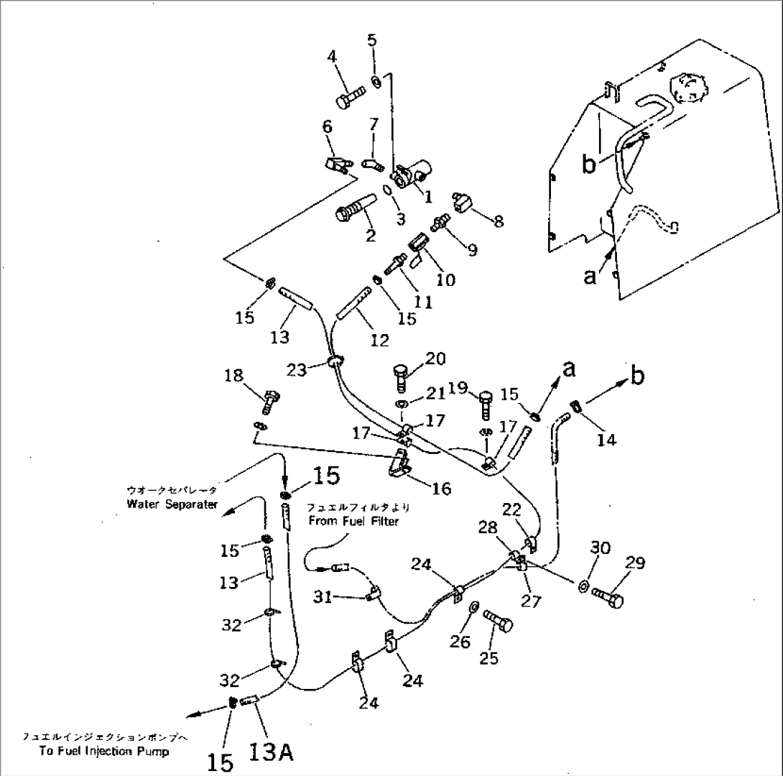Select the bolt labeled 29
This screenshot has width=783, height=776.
[x=608, y=596]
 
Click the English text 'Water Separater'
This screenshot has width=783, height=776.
[x=172, y=504]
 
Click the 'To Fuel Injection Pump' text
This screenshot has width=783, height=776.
[x=105, y=752]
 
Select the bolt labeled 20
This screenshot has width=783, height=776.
[x=402, y=377]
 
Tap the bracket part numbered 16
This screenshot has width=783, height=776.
[x=399, y=465]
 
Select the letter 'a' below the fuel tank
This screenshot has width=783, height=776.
[x=590, y=276]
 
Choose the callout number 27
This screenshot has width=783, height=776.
[x=532, y=601]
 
